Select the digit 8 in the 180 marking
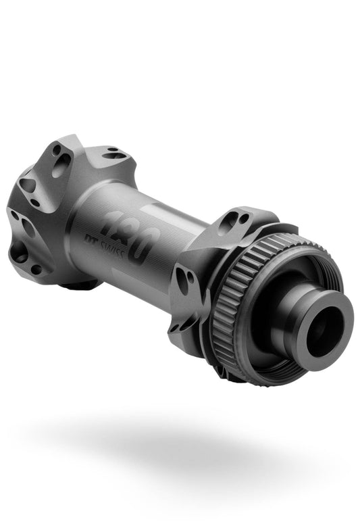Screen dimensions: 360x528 [127, 233]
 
